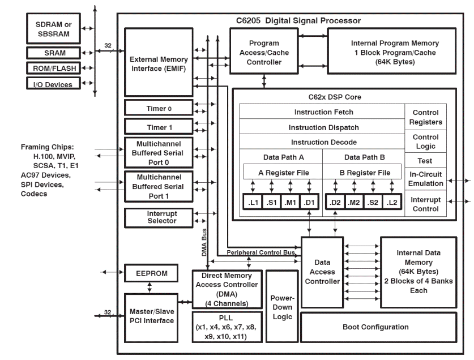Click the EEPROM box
(x=152, y=273)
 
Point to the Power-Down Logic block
(x=281, y=306)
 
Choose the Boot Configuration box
(x=375, y=327)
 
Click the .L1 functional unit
(x=253, y=202)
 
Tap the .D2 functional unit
(x=335, y=202)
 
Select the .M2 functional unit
(x=355, y=202)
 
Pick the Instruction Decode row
(x=323, y=142)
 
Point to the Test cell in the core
(x=426, y=160)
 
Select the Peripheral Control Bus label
(x=261, y=251)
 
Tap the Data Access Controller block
(x=322, y=272)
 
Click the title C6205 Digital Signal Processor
(x=298, y=20)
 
